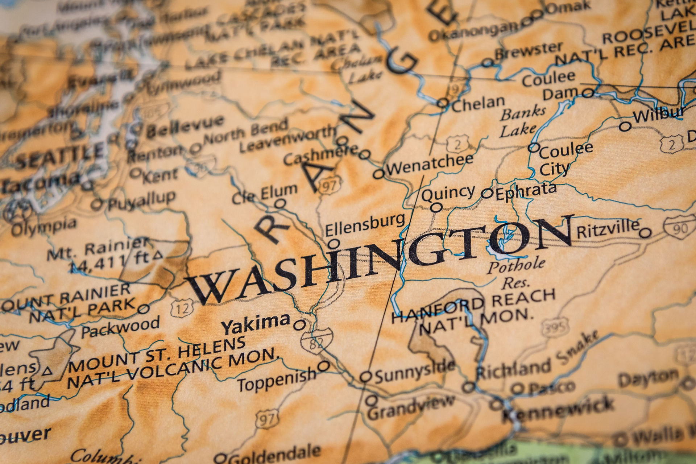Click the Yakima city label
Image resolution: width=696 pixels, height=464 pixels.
point(256,323)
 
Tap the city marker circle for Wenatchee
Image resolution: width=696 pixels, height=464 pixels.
point(378,174)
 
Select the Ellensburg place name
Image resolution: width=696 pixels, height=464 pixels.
point(364,224)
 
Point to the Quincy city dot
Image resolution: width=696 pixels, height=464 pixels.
point(437,208)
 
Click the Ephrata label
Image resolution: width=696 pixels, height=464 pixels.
point(526,191)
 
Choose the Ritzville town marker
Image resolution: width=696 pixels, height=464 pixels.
point(645,232)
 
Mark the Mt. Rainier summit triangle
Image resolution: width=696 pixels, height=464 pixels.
point(157,255)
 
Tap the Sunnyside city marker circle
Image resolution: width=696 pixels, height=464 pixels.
point(366,377)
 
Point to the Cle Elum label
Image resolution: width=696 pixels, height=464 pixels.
point(264,194)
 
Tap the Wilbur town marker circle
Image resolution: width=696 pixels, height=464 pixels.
point(625,127)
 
